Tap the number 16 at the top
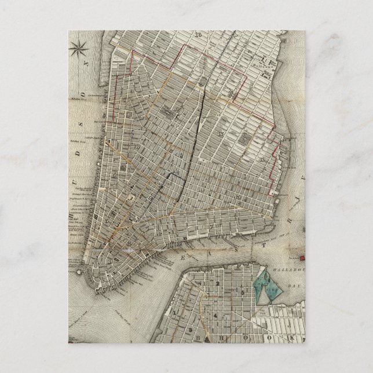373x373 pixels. [198, 34]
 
